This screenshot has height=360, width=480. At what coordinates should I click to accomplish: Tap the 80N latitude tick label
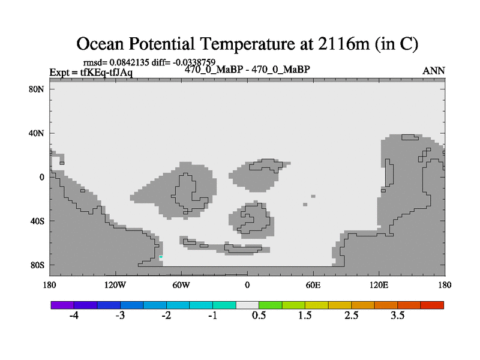pyautogui.click(x=37, y=89)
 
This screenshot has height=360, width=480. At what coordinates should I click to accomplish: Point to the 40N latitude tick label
pyautogui.click(x=37, y=133)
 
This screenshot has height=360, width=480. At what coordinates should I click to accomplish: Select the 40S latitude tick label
pyautogui.click(x=37, y=221)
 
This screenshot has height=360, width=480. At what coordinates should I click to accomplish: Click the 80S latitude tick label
pyautogui.click(x=37, y=265)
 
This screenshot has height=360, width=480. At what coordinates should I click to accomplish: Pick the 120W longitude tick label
pyautogui.click(x=115, y=286)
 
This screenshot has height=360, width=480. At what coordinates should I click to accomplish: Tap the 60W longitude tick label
pyautogui.click(x=181, y=286)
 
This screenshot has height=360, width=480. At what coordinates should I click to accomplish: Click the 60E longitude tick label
pyautogui.click(x=313, y=286)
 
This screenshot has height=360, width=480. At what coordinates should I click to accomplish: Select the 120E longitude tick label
pyautogui.click(x=379, y=286)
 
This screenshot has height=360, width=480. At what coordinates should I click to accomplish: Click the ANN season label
pyautogui.click(x=433, y=71)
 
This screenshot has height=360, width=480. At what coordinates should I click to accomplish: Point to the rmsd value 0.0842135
pyautogui.click(x=129, y=62)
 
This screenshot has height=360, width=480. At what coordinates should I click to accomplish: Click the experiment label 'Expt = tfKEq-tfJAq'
pyautogui.click(x=91, y=73)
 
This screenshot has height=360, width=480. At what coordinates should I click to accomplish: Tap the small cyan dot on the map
pyautogui.click(x=161, y=257)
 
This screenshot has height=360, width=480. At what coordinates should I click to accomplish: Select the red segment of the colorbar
pyautogui.click(x=432, y=305)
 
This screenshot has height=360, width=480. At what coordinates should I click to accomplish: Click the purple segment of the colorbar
pyautogui.click(x=62, y=305)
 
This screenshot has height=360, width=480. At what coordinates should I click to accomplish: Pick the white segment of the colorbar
pyautogui.click(x=247, y=305)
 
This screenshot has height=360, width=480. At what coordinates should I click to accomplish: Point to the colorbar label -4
pyautogui.click(x=74, y=316)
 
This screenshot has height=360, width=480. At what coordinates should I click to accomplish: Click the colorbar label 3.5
pyautogui.click(x=397, y=316)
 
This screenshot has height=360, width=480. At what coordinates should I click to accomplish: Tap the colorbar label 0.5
pyautogui.click(x=259, y=316)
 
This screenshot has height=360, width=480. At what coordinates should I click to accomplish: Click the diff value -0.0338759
pyautogui.click(x=194, y=62)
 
